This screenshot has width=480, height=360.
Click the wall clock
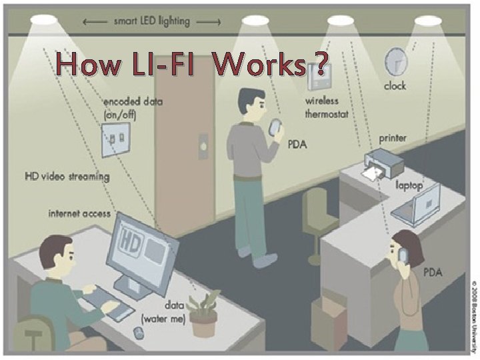[x=395, y=62]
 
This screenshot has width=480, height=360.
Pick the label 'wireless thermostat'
[x=322, y=107]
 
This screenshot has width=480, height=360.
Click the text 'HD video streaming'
[x=67, y=177]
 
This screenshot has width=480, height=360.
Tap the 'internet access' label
[x=79, y=213]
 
